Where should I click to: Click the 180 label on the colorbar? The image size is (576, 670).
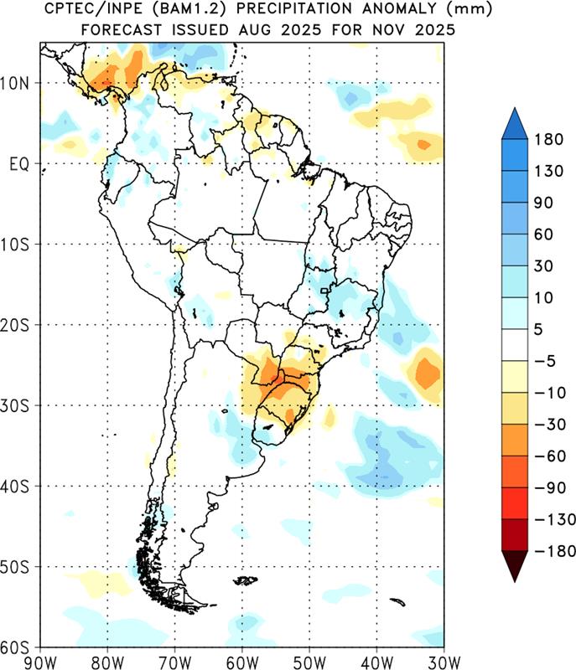548,140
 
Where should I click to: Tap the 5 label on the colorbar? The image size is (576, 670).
538,329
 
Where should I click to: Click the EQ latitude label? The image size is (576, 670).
19,164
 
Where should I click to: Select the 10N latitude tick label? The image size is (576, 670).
14,83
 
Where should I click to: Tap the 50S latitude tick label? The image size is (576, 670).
14,568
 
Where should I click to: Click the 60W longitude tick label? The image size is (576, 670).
242,662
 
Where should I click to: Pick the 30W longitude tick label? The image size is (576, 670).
444,662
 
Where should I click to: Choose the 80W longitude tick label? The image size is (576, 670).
107,662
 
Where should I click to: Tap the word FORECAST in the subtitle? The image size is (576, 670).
122,30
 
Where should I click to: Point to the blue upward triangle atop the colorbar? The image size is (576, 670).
515,124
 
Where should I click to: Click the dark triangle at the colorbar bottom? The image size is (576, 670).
515,564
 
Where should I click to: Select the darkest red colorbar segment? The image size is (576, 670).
515,535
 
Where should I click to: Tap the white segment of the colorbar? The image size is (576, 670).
515,345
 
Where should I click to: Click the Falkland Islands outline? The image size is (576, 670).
246,580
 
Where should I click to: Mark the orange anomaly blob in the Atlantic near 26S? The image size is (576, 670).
424,374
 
